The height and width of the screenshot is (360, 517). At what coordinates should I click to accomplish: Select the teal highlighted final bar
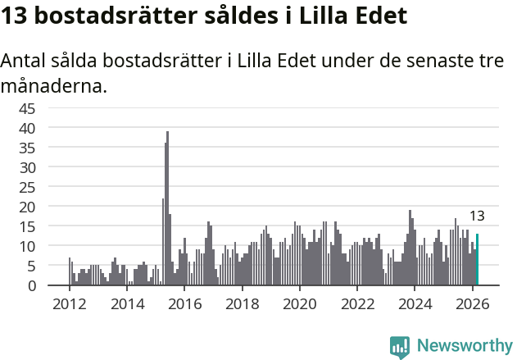(477, 260)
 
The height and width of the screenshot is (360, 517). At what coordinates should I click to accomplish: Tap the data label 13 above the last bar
(477, 216)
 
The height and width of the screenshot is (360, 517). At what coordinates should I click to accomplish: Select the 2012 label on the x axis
(69, 303)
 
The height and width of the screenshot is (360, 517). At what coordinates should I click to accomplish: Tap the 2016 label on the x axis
(184, 303)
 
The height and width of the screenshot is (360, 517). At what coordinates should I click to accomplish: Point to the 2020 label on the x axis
(299, 303)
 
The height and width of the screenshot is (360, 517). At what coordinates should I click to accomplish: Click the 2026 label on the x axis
(472, 303)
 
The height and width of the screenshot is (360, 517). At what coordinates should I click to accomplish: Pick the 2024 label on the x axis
(415, 303)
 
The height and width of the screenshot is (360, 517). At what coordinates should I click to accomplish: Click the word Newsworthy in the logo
(464, 346)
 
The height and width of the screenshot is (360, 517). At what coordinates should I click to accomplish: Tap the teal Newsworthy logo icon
(400, 347)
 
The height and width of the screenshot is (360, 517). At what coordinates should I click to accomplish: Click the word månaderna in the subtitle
(54, 85)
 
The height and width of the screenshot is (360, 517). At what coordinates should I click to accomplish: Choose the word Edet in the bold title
(378, 16)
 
